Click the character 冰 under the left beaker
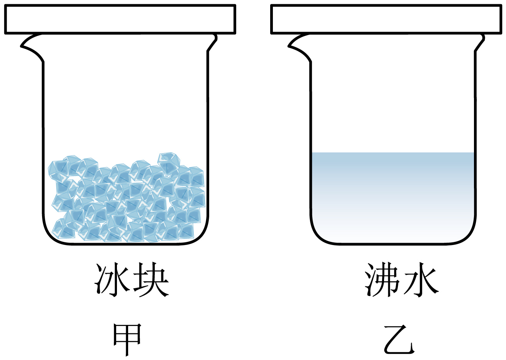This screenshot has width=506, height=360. point(112,280)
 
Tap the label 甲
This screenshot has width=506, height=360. point(127,340)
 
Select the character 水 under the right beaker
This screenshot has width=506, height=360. point(421,280)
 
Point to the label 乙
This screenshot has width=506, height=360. point(399,340)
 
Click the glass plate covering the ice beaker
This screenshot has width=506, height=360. point(120,19)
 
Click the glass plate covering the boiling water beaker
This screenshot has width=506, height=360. point(387,19)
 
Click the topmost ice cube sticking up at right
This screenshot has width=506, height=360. point(169,162)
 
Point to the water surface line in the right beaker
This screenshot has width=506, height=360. point(393,153)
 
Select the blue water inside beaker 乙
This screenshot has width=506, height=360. point(393,193)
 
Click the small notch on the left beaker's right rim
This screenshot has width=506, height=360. point(213,39)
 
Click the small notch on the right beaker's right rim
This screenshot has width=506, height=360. point(481,39)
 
